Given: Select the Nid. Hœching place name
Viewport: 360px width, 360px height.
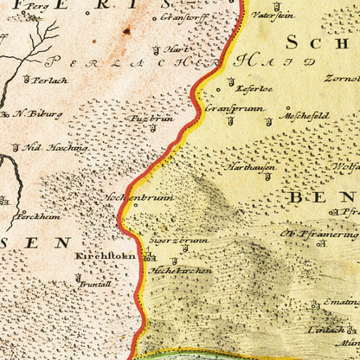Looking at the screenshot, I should point(56,147).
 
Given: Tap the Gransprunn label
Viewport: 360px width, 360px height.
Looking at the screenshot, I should point(229,109).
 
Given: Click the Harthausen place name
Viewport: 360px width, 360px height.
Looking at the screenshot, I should point(252,165).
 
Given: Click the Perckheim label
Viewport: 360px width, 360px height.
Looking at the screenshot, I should point(41,216).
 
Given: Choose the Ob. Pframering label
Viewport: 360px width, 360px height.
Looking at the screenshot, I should point(317,234).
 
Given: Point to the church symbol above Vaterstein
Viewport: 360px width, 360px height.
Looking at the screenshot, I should point(257,3).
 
